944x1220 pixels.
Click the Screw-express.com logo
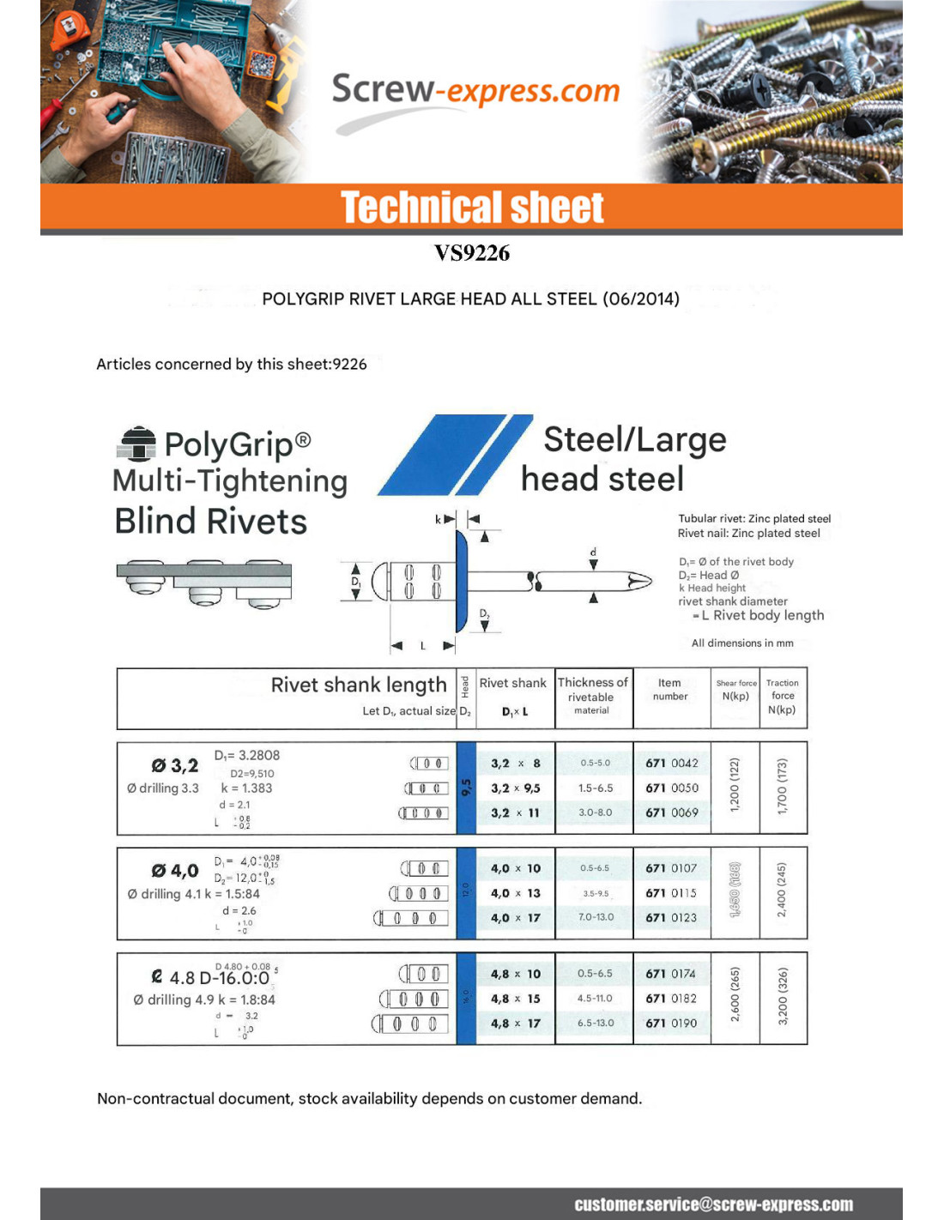coord(475,92)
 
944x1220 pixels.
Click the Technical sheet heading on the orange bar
coord(472,208)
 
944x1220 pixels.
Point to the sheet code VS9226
coord(472,253)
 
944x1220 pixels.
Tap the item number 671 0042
coord(672,763)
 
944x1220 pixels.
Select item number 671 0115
coord(672,893)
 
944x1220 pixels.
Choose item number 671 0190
coord(672,1023)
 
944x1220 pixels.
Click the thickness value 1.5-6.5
coord(596,788)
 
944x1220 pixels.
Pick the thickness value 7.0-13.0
coord(596,917)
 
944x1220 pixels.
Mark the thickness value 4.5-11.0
coord(595,998)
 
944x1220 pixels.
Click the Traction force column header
coord(783,696)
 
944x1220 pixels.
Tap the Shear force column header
coord(736,690)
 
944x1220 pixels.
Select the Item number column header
coord(670,690)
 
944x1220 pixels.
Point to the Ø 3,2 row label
coord(175,765)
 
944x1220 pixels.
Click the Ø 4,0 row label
coord(175,871)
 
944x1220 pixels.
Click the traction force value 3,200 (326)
coord(783,996)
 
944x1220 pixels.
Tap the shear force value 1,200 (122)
coord(735,785)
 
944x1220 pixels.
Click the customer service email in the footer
coord(714,1205)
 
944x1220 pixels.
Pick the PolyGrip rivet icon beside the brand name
coord(136,444)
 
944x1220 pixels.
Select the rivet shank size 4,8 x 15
coord(516,999)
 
